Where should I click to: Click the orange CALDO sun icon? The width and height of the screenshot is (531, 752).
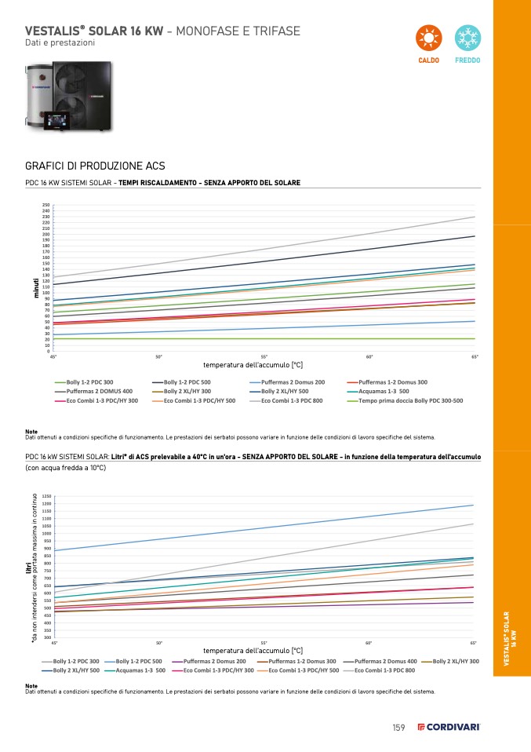428,38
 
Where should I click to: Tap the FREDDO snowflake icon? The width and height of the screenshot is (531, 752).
468,38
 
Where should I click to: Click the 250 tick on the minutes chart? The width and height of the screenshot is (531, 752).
46,205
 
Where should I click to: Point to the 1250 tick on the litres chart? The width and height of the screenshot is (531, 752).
46,496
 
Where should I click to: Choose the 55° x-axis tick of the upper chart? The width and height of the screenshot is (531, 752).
264,357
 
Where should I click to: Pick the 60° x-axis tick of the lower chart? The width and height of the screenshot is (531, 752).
369,643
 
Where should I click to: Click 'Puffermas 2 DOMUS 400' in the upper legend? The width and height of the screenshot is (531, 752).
100,391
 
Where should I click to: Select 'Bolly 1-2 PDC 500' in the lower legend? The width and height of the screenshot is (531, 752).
139,661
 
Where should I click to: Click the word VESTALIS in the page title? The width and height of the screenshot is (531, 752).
51,31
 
